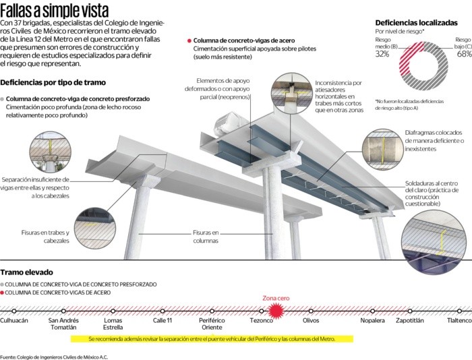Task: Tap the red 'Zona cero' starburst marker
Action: pos(275,309)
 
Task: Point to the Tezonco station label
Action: pos(261,320)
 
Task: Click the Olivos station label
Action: pos(311,320)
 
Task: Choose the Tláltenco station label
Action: pos(459,320)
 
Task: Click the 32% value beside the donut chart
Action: pos(382,53)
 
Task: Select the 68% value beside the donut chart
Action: pos(464,53)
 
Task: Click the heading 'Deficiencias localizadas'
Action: pos(416,22)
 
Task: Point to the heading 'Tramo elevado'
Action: pos(26,272)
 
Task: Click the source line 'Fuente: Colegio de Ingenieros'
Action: pos(54,356)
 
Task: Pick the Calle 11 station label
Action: pos(163,320)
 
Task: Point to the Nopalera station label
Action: pos(372,320)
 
